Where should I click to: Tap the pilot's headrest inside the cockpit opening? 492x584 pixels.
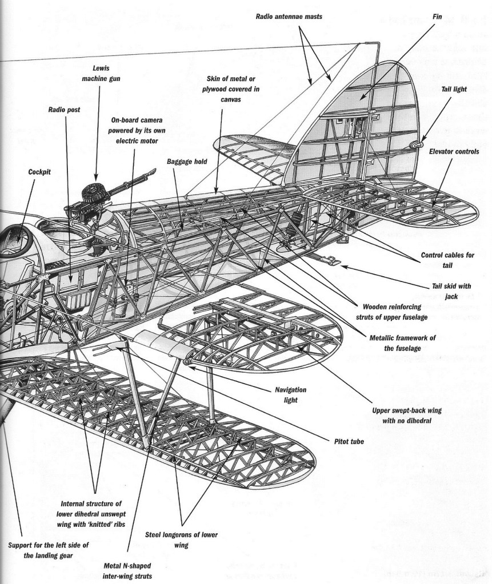tap(15, 232)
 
